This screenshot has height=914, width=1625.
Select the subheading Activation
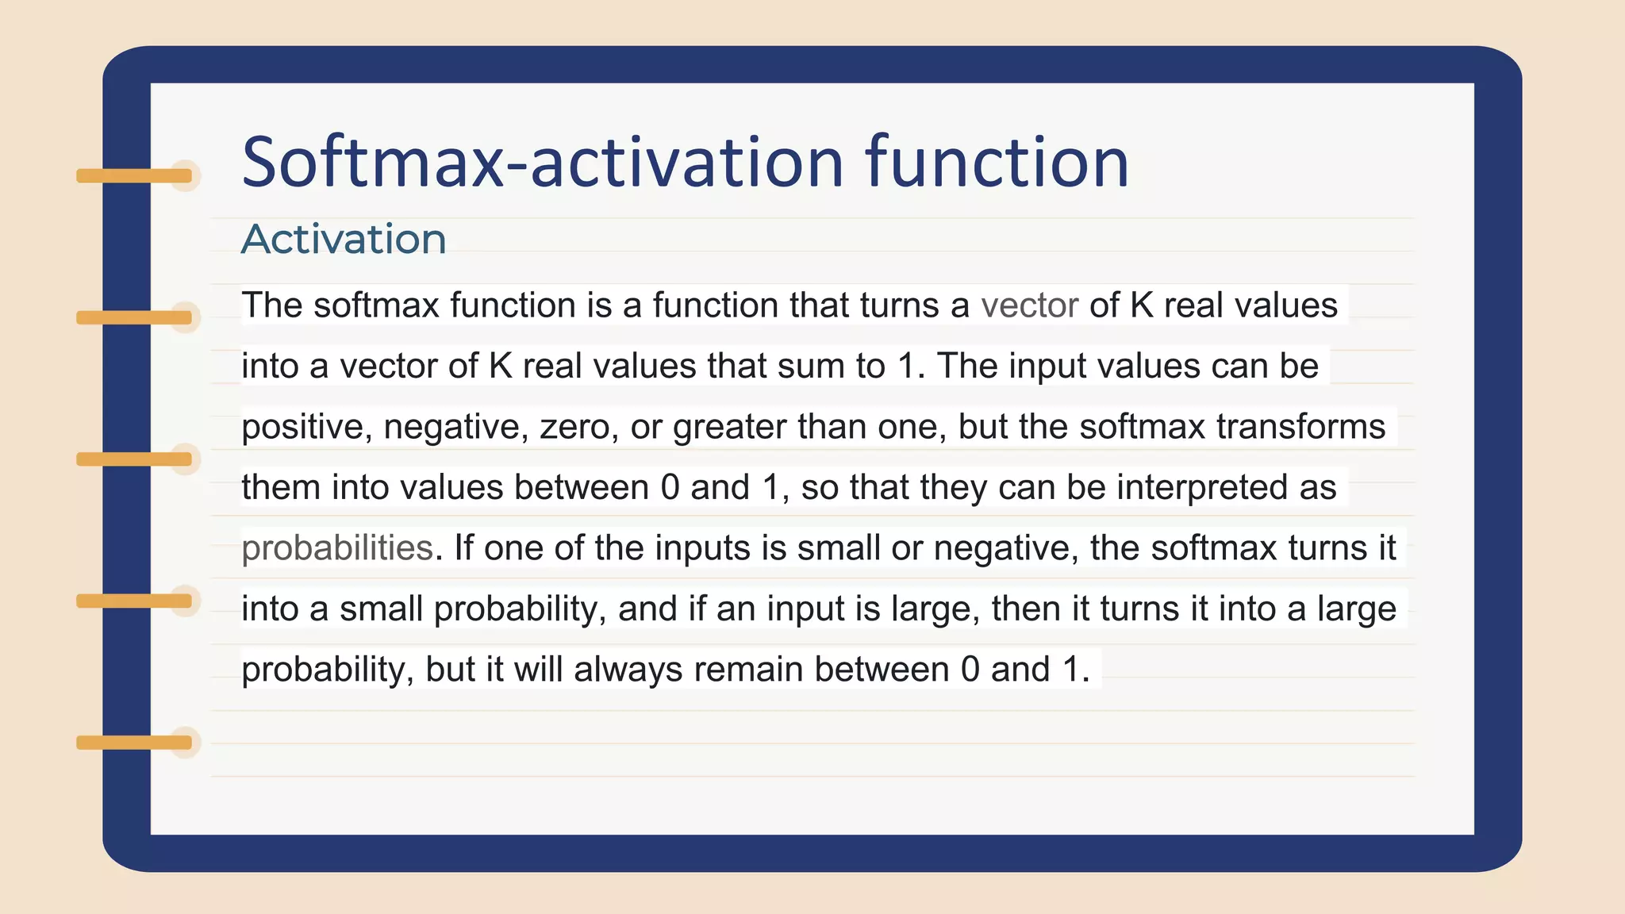pyautogui.click(x=344, y=239)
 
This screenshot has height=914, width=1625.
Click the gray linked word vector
pyautogui.click(x=1029, y=305)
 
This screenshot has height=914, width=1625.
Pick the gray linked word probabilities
pyautogui.click(x=337, y=548)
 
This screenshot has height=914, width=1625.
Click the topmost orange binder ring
pyautogui.click(x=135, y=175)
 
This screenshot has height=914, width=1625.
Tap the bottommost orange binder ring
pyautogui.click(x=135, y=743)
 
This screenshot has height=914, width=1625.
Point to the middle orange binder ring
pyautogui.click(x=135, y=459)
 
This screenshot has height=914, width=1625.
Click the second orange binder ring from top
pyautogui.click(x=135, y=317)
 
